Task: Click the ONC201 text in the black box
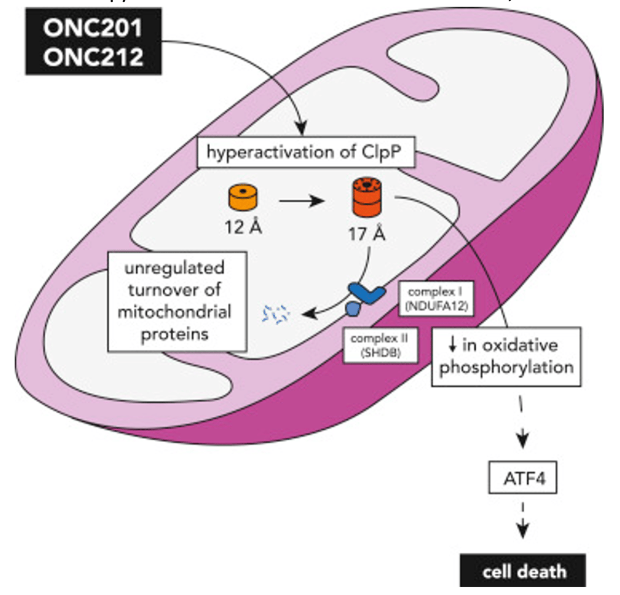tap(93, 29)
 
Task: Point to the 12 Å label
tap(242, 228)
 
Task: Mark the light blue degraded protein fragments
tap(276, 314)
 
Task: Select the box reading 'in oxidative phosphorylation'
tap(506, 356)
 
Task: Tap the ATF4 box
tap(520, 479)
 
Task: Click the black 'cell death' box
tap(522, 570)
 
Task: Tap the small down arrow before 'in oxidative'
tap(452, 345)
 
